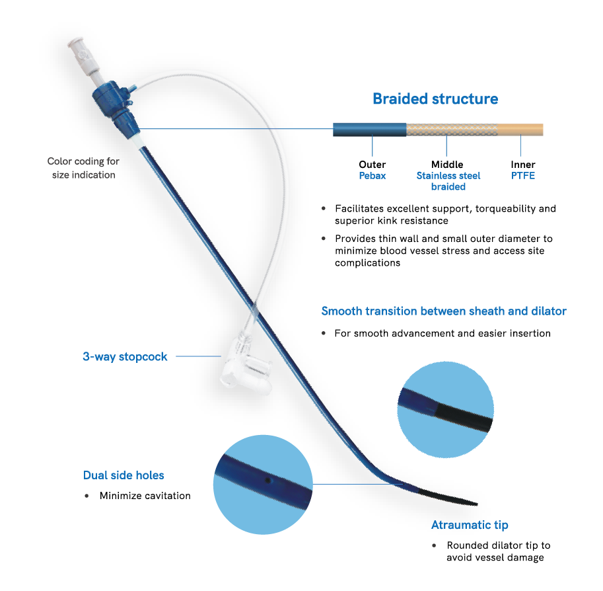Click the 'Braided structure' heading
(435, 99)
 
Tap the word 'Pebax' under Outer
(372, 176)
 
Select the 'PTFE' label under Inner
(523, 176)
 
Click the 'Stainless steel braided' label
(448, 181)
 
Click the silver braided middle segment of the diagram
(447, 130)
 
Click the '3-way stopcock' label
(125, 357)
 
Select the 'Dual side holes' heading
(124, 475)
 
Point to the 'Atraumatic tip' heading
(470, 525)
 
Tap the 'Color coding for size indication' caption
(83, 168)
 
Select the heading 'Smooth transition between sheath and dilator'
(444, 311)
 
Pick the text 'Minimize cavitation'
(145, 496)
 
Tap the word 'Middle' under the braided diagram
(447, 165)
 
